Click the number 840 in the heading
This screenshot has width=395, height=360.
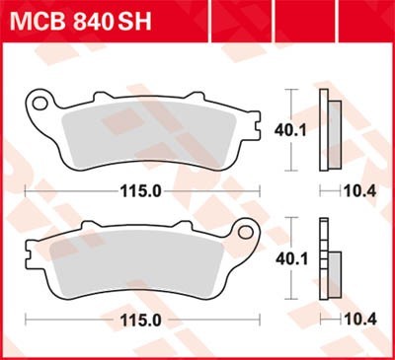[x=95, y=22]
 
